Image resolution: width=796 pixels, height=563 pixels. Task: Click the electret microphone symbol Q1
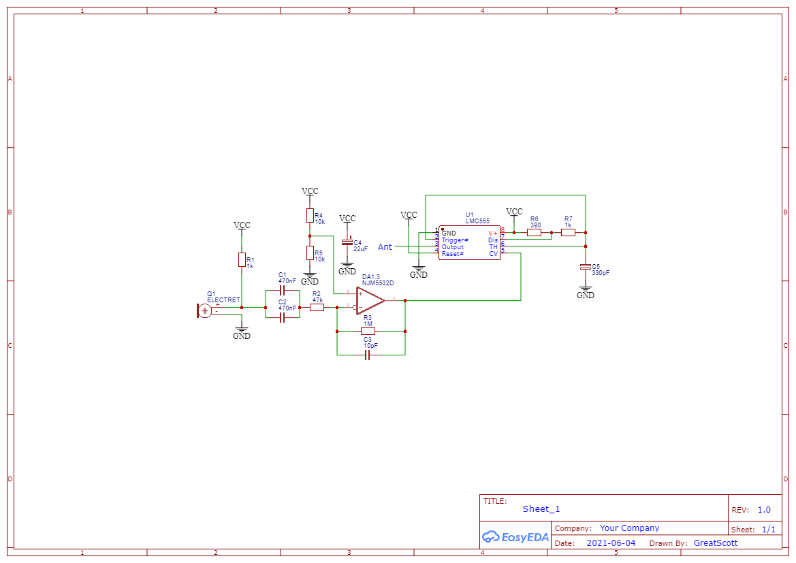[x=204, y=310]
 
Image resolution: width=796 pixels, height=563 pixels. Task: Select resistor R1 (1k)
[x=242, y=259]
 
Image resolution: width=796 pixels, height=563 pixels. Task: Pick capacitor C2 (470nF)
[x=282, y=317]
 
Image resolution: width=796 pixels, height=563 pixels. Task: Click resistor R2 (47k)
[x=317, y=308]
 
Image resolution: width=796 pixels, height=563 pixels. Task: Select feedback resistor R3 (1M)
[x=368, y=332]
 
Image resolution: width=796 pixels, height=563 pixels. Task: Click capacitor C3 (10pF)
[x=368, y=355]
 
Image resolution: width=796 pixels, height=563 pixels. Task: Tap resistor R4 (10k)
[x=310, y=216]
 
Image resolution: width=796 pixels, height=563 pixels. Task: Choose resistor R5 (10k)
[x=310, y=253]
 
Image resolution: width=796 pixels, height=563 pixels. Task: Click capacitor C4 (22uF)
[x=347, y=242]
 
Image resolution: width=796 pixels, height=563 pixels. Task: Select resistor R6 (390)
[x=535, y=232]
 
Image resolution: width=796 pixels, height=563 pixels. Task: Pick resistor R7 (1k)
[x=568, y=232]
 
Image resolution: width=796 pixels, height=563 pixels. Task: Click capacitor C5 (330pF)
[x=585, y=266]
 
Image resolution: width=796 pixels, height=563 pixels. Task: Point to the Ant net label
[x=385, y=247]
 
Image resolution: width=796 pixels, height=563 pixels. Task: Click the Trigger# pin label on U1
[x=455, y=240]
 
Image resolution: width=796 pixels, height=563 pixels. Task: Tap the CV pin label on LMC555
[x=493, y=254]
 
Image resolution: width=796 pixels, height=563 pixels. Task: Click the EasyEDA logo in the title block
[x=515, y=536]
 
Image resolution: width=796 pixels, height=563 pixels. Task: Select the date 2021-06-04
[x=611, y=543]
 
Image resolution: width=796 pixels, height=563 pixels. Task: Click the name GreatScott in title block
[x=715, y=543]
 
